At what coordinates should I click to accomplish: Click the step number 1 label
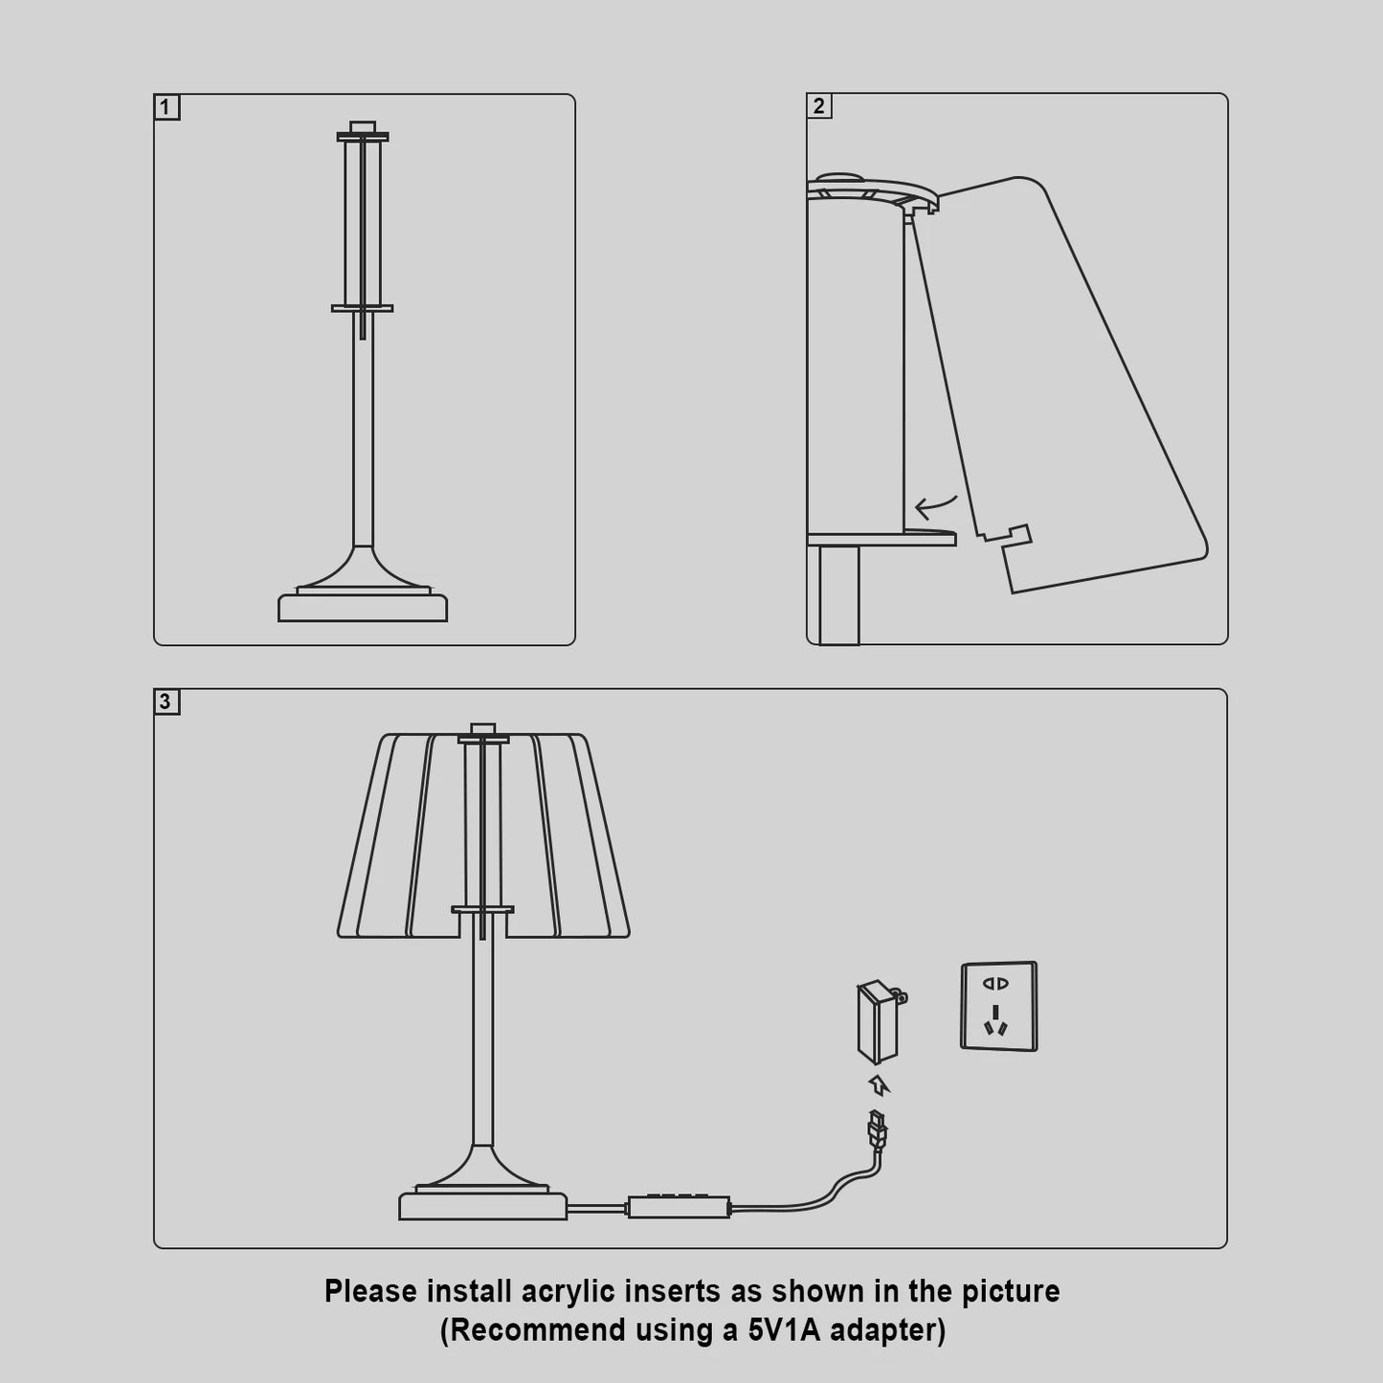[x=167, y=107]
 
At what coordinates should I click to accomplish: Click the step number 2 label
[x=818, y=106]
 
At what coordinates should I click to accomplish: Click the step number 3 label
[x=166, y=703]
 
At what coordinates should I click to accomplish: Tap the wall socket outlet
[x=998, y=1006]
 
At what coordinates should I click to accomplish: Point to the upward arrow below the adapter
[x=877, y=1084]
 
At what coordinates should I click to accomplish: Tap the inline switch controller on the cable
[x=680, y=1207]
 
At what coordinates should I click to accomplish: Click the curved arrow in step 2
[x=936, y=503]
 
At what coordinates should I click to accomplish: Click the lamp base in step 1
[x=363, y=606]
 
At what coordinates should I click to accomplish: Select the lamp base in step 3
[x=483, y=1204]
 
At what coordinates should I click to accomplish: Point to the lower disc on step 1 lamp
[x=363, y=308]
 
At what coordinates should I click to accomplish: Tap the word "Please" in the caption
[x=371, y=1291]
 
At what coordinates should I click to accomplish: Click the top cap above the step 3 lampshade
[x=483, y=727]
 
